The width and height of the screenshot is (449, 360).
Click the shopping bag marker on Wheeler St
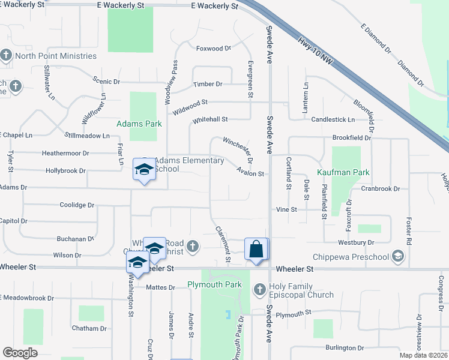pyautogui.click(x=256, y=250)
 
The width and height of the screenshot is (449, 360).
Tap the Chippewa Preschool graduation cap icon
pyautogui.click(x=397, y=257)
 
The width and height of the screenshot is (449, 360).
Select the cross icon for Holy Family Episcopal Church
pyautogui.click(x=259, y=290)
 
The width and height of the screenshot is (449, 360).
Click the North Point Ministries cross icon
pyautogui.click(x=6, y=56)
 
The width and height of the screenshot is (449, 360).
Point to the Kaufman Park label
pyautogui.click(x=343, y=172)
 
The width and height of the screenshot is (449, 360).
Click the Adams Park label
pyautogui.click(x=139, y=124)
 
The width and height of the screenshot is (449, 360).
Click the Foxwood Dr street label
pyautogui.click(x=214, y=48)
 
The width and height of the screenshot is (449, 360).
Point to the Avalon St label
pyautogui.click(x=250, y=173)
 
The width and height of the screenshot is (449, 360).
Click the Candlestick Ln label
pyautogui.click(x=333, y=120)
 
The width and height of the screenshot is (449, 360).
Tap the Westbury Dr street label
pyautogui.click(x=356, y=242)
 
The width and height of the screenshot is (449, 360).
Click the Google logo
pyautogui.click(x=20, y=353)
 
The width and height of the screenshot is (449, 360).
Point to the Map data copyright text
pyautogui.click(x=424, y=355)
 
